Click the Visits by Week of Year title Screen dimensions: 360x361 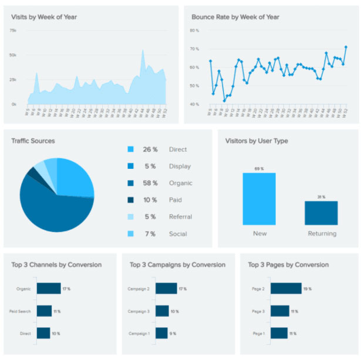[x=44, y=17]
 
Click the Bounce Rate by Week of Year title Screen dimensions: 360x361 [x=235, y=17]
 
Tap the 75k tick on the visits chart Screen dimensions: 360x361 [x=13, y=30]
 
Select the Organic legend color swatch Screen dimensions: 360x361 [x=130, y=184]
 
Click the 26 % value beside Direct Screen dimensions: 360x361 [x=150, y=150]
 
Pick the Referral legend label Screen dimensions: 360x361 [x=180, y=217]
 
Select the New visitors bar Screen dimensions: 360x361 [x=259, y=199]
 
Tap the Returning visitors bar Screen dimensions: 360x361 [x=321, y=213]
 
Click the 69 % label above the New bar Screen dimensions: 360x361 [x=259, y=169]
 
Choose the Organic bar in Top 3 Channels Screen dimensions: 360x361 [x=49, y=288]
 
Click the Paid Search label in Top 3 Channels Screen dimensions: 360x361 [x=21, y=311]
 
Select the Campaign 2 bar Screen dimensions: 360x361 [x=166, y=288]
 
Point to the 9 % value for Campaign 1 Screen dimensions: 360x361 [x=173, y=334]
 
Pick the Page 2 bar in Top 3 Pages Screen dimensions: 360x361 [x=286, y=288]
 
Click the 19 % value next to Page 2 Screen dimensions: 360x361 [x=307, y=289]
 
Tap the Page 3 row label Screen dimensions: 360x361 [x=258, y=311]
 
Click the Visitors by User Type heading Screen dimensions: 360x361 [x=257, y=141]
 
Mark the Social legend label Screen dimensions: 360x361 [x=178, y=234]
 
